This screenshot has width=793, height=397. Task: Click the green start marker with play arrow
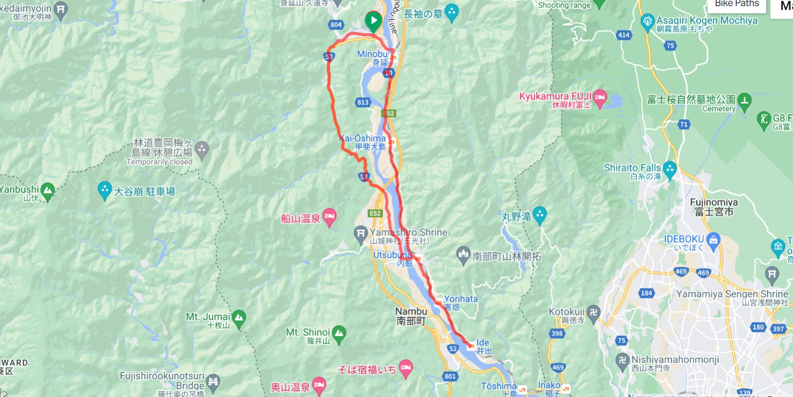pos(373,21)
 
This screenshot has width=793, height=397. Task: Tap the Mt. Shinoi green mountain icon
pos(339,334)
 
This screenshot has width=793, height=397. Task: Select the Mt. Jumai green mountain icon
pos(239,318)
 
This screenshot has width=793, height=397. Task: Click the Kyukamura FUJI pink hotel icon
pos(600,98)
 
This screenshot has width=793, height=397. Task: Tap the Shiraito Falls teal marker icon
pos(670,169)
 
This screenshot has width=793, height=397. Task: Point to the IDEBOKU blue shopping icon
pos(713,241)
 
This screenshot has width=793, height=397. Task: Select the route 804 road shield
pos(336,25)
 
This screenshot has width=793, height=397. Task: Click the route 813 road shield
pos(363,102)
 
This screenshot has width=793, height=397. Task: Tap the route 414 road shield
pos(624,35)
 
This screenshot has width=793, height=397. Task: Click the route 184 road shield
pos(646,293)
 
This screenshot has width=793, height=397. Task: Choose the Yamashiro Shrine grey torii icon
pos(360,234)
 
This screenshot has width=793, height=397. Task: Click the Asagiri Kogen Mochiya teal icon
pos(648,21)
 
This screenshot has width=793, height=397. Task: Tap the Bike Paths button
pos(736,4)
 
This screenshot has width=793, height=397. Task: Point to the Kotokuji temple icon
pos(593,313)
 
